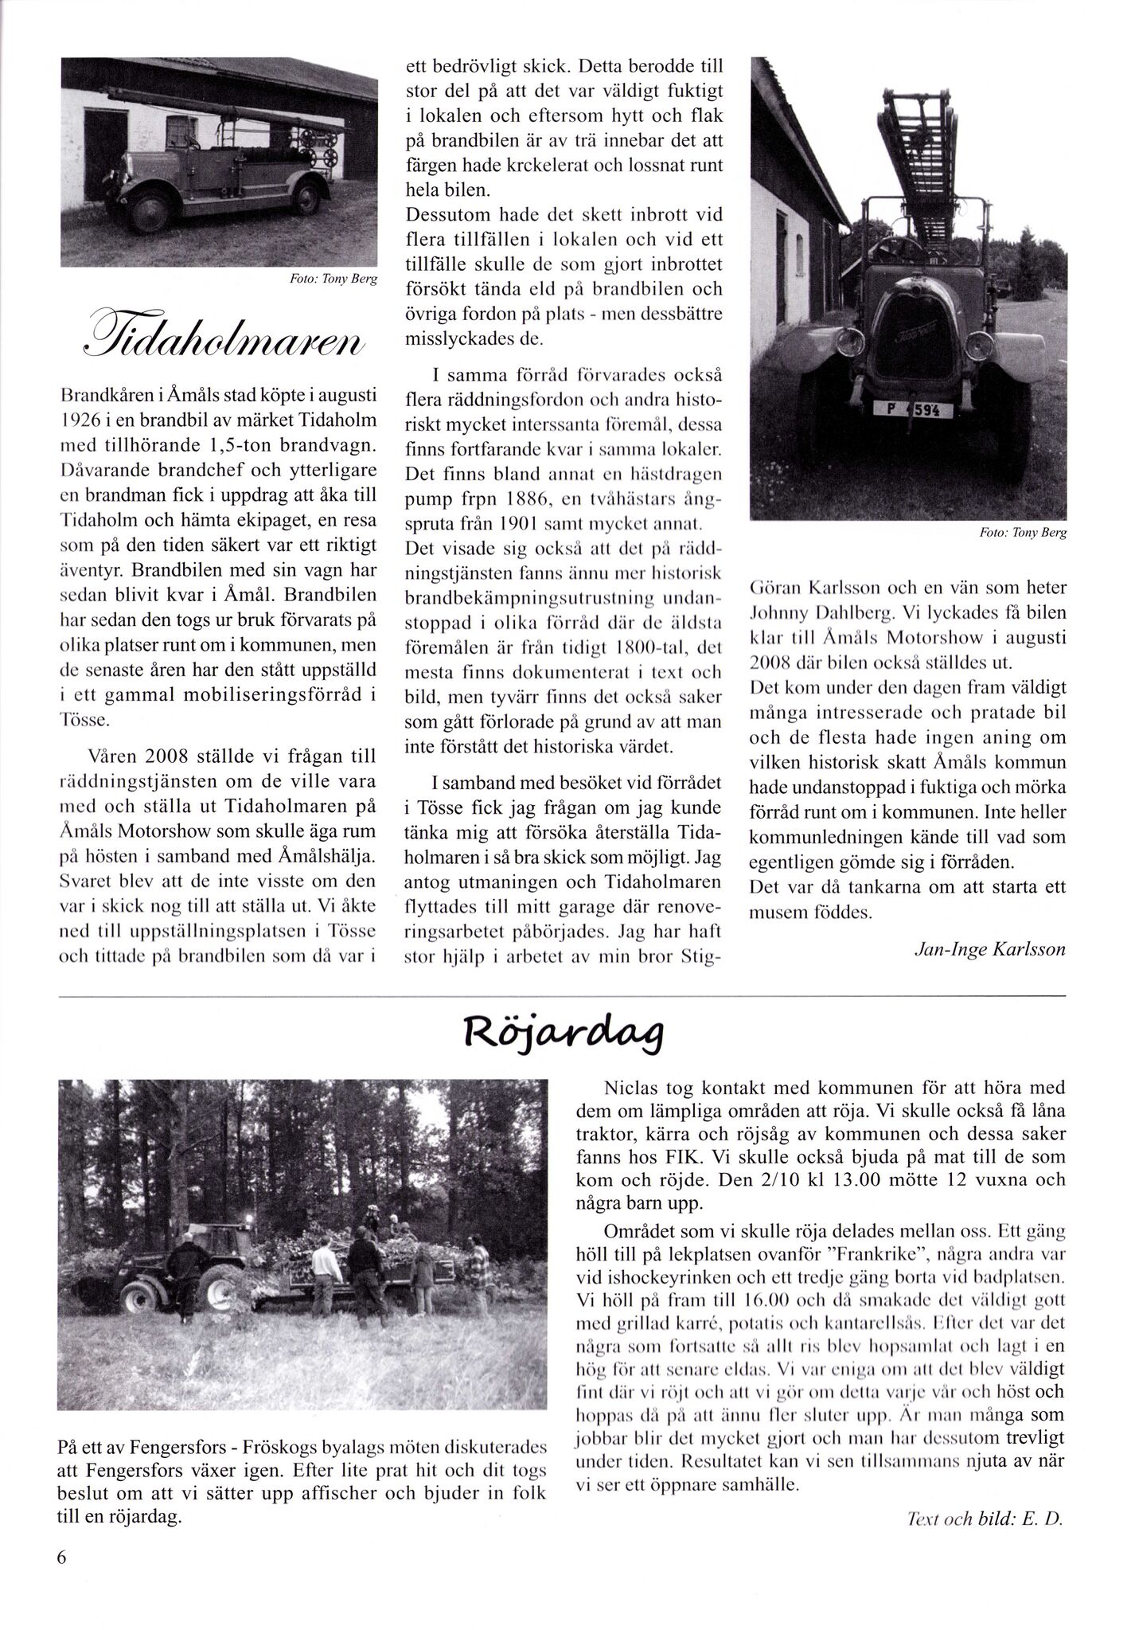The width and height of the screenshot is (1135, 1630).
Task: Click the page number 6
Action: (61, 1581)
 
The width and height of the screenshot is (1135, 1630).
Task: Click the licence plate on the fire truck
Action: (912, 410)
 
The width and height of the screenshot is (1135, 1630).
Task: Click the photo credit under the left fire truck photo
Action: (336, 280)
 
